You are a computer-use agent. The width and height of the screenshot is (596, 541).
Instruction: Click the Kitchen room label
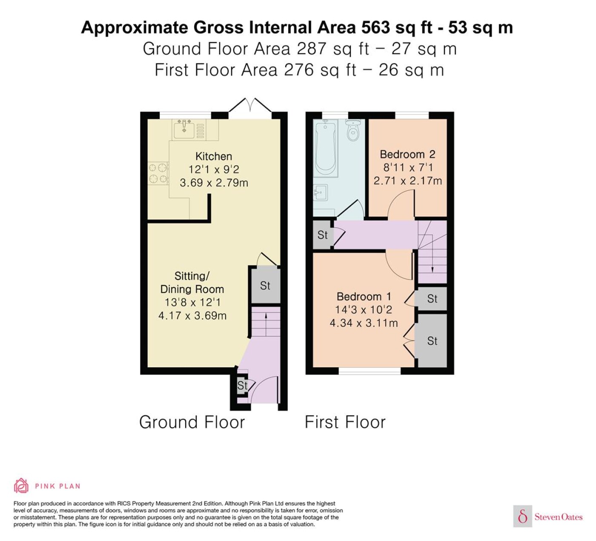tap(214, 156)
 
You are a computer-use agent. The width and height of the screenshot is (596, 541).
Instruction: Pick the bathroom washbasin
tap(321, 193)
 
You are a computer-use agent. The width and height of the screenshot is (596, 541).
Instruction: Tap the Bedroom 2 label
tap(407, 154)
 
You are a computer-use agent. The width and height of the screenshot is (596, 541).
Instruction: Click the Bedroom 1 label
tap(364, 296)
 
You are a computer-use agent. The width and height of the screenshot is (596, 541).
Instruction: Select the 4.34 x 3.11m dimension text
tap(364, 323)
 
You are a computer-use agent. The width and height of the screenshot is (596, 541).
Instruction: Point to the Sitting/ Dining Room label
tap(192, 282)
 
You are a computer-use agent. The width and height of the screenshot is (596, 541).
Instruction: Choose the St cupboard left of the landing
tap(323, 235)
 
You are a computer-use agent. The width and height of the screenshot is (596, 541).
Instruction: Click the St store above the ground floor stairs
tap(265, 286)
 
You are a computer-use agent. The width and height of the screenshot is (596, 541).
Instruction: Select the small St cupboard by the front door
tap(242, 386)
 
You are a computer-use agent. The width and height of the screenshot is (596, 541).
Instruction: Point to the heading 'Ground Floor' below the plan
tap(192, 422)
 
